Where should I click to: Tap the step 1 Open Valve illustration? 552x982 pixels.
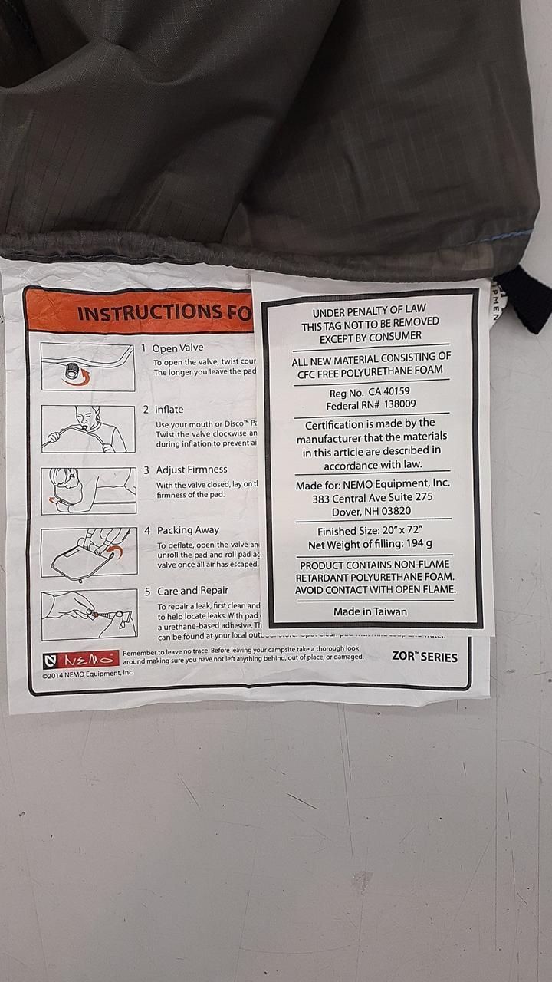coord(87,367)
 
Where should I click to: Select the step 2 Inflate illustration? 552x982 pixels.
coord(87,429)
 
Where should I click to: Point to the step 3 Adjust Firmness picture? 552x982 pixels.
coord(87,490)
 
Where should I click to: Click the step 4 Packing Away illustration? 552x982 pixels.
coord(87,552)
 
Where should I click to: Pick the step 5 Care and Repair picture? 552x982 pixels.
coord(87,614)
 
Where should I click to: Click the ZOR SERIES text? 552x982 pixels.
coord(424,657)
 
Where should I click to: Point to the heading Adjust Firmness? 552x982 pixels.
coord(192,470)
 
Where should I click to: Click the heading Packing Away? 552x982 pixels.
coord(188,530)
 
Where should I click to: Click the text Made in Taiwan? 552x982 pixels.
coord(370,611)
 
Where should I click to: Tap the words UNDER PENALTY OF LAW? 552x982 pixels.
coord(374,312)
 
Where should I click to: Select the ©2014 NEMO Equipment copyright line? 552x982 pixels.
coord(88,673)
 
